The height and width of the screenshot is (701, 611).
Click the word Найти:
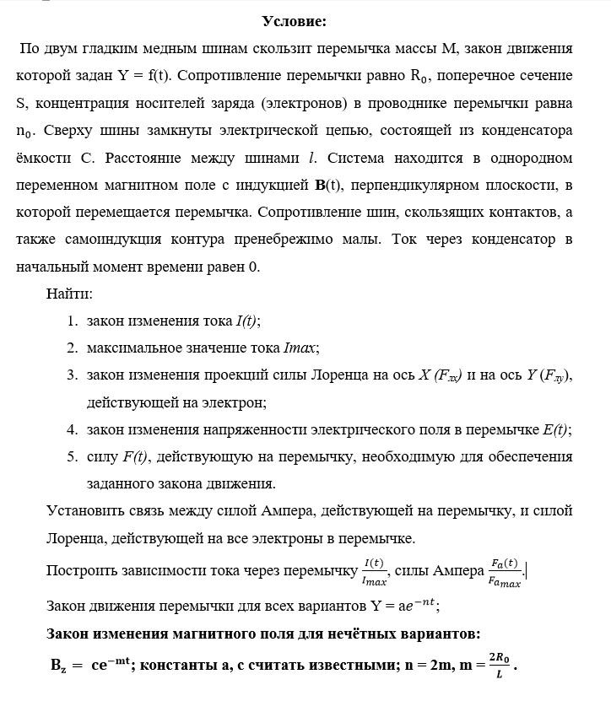pyautogui.click(x=70, y=294)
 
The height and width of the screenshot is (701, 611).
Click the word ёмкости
pyautogui.click(x=45, y=158)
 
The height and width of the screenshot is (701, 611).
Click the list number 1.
pyautogui.click(x=73, y=321)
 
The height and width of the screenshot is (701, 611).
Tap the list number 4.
pyautogui.click(x=73, y=430)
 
